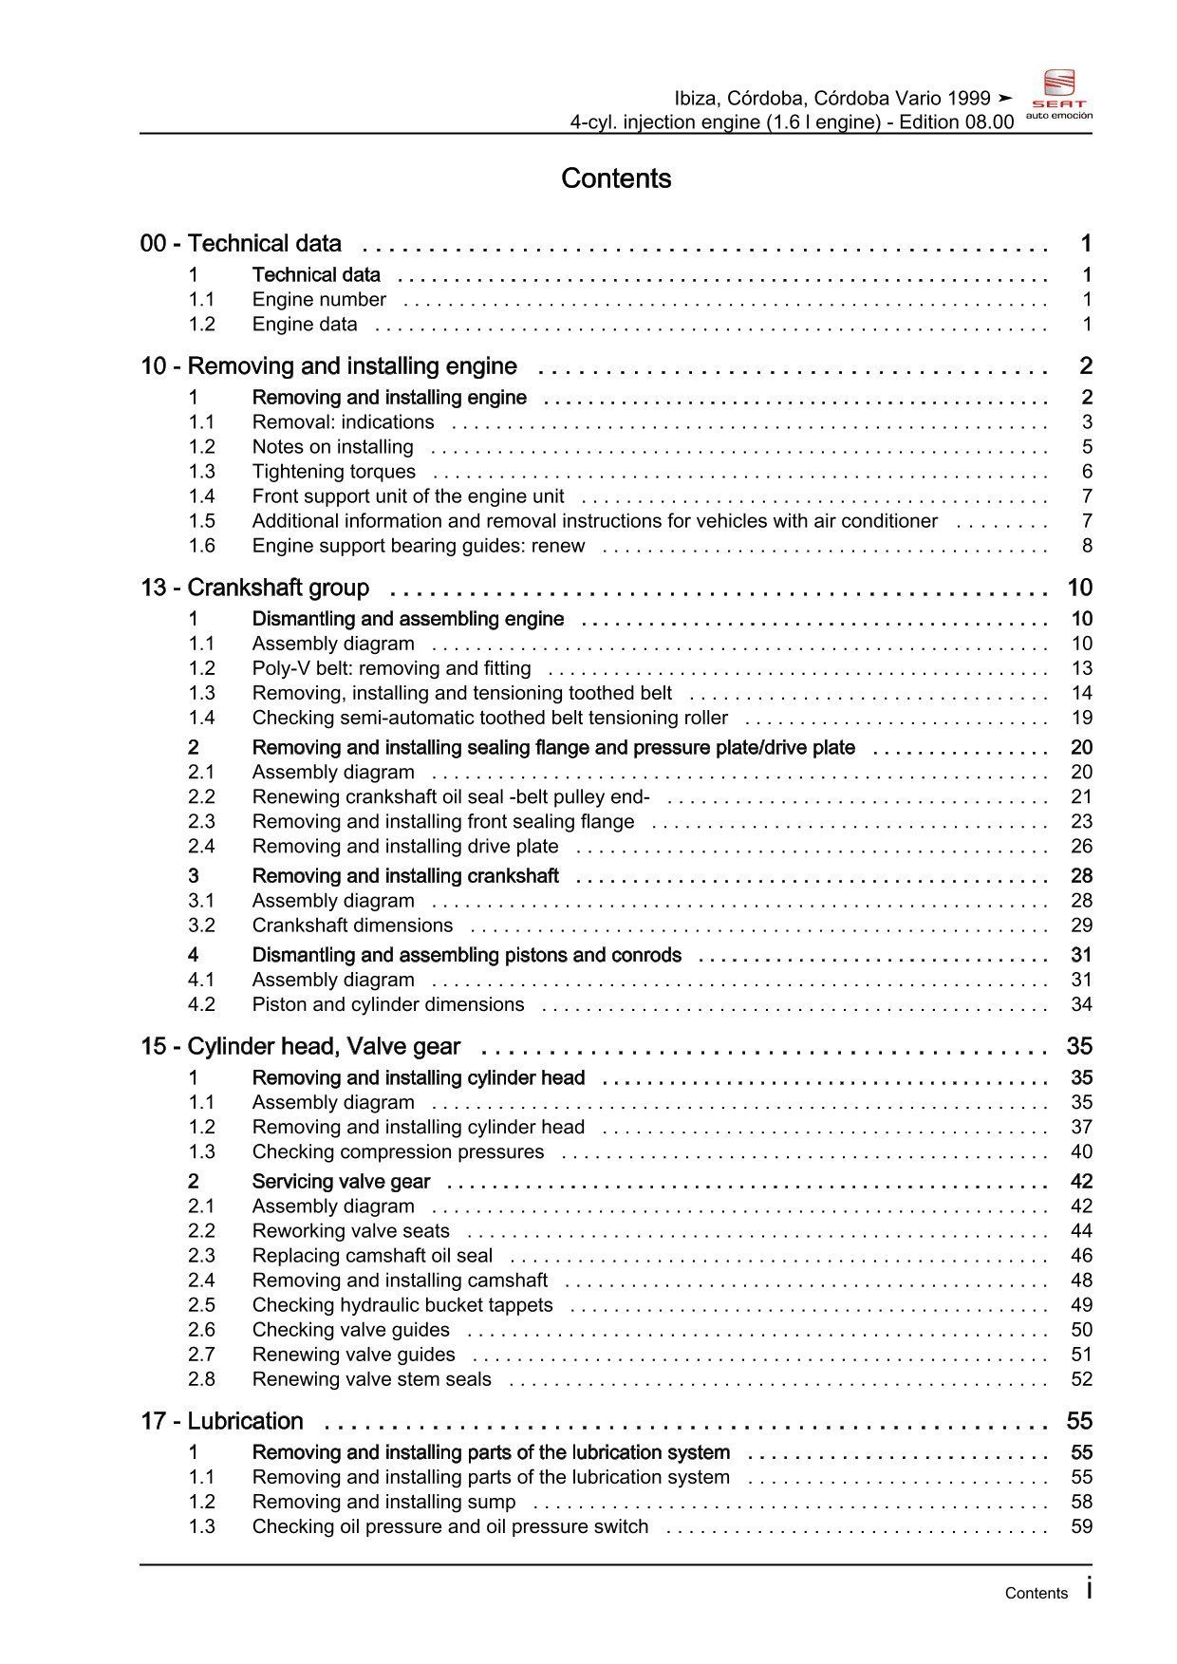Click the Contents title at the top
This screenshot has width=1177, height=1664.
616,178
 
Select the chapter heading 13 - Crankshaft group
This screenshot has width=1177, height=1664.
254,588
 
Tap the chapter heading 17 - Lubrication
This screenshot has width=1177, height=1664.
221,1421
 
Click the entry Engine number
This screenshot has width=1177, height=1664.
319,300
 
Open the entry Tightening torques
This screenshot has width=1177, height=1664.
333,472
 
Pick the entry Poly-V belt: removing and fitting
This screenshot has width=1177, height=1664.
391,668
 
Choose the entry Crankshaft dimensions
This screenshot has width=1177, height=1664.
352,925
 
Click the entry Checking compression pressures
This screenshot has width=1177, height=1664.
398,1152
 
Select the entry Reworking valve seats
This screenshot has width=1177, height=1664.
350,1231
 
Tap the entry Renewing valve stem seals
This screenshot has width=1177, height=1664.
371,1379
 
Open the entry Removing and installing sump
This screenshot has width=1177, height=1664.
383,1502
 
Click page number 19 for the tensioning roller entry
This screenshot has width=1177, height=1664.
1081,718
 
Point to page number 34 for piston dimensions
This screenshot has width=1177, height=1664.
1081,1004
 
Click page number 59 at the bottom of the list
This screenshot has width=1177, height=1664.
1081,1526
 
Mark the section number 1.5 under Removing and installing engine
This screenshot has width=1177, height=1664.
201,521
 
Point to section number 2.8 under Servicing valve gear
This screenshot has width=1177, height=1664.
201,1379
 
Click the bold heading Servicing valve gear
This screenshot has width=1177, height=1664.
341,1182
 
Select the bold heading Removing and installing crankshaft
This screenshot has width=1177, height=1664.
405,876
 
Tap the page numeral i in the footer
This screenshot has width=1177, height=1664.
1089,1590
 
